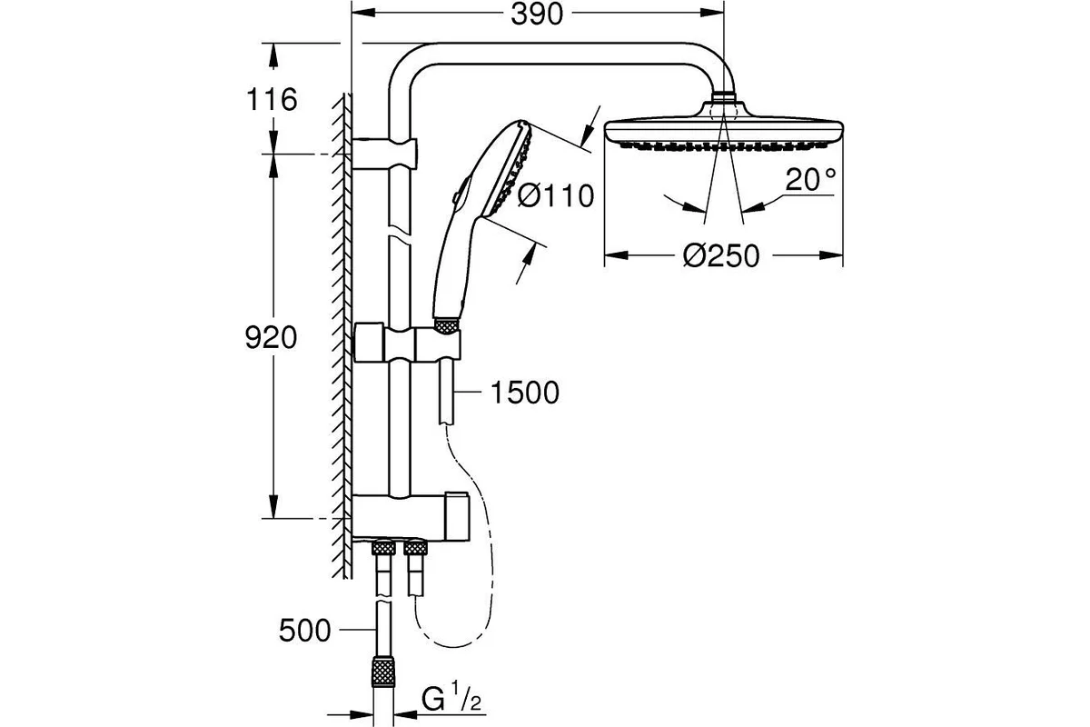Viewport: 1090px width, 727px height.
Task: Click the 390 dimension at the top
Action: (537, 15)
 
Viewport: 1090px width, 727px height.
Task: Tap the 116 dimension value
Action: (272, 100)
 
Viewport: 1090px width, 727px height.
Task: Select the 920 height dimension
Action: (271, 337)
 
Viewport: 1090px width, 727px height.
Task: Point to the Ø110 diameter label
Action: (556, 195)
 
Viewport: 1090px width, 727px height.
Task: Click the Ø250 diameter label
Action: (721, 255)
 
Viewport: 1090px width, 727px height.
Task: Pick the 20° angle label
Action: (810, 179)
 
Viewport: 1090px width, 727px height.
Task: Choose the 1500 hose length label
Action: (525, 393)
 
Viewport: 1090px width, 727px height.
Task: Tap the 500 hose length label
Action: (304, 630)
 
